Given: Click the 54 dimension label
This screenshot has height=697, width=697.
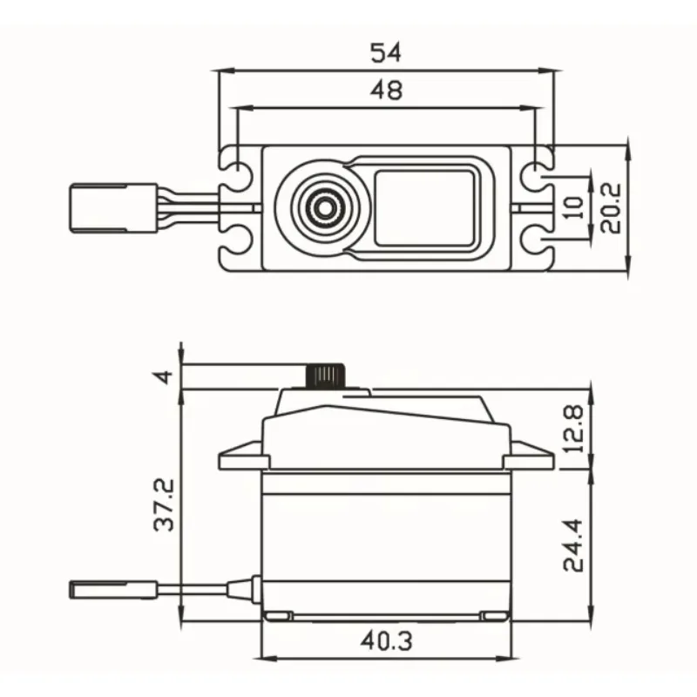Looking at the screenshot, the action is coord(386,52).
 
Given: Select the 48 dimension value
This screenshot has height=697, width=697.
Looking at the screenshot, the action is coord(386,91).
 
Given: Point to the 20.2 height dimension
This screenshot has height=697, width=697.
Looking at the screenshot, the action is coord(611,208).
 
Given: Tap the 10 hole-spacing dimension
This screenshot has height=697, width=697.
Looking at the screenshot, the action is coord(573,208).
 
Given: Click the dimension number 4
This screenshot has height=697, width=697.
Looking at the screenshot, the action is coord(164,377).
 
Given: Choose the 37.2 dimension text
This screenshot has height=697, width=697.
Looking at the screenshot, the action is coord(164,505).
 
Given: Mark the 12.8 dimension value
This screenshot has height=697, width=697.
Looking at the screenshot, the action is coord(573,429).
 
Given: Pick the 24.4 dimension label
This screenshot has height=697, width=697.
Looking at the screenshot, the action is coord(573,545).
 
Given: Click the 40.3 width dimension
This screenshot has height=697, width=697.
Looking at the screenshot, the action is coord(386,641).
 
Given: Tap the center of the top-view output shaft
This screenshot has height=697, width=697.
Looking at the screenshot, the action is coord(324,207).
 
